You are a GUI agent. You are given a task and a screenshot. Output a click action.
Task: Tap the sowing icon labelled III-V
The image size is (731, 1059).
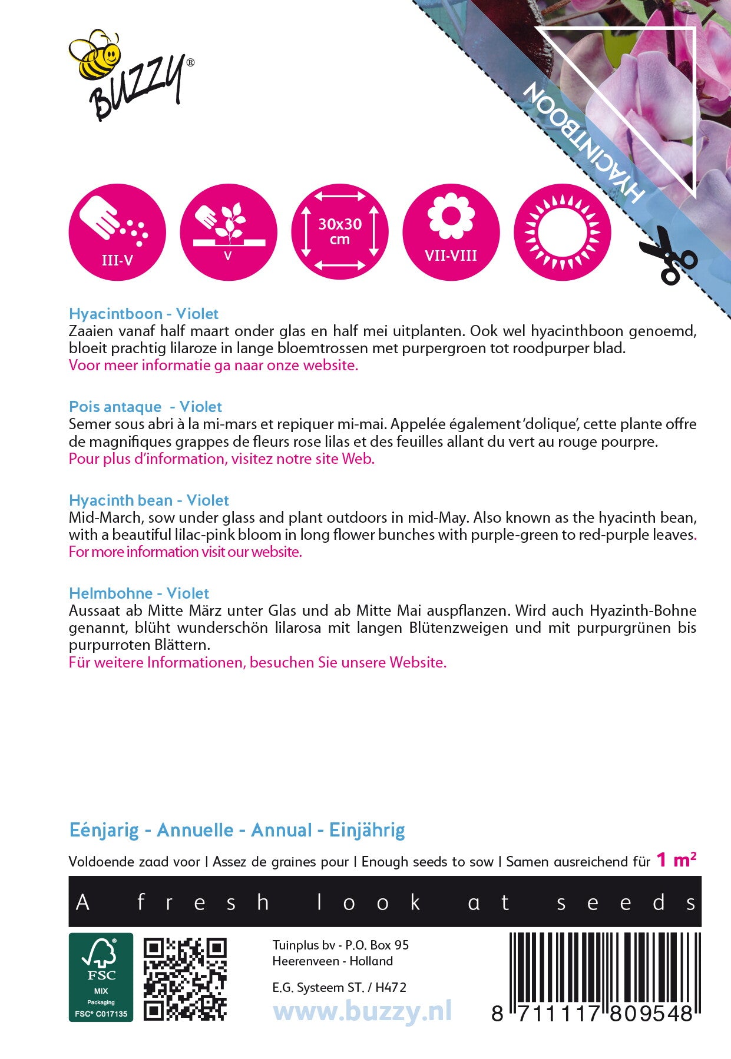click(117, 232)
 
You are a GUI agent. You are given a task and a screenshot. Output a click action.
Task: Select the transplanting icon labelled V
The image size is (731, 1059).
click(228, 232)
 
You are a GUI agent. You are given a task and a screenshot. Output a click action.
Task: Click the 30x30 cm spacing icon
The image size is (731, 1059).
click(340, 232)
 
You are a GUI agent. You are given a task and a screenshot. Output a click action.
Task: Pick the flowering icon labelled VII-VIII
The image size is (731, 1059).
click(451, 232)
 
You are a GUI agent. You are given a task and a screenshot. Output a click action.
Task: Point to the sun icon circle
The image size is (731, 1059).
click(563, 232)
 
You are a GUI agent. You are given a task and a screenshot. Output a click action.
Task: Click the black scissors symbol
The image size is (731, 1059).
click(668, 255)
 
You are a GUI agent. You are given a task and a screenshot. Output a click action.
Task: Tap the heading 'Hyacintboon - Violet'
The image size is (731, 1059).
click(144, 314)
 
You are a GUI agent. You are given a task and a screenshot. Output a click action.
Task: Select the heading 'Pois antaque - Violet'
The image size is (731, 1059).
click(145, 407)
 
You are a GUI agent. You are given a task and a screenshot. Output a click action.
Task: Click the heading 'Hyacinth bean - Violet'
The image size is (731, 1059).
click(148, 500)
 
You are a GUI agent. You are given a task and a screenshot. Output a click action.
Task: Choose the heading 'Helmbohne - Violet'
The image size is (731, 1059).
click(139, 593)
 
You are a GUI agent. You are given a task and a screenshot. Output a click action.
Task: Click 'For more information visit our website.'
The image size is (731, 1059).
click(185, 552)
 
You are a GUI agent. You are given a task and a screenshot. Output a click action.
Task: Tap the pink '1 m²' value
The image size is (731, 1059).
click(676, 860)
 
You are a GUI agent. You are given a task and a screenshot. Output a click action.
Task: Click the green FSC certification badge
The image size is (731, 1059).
click(101, 977)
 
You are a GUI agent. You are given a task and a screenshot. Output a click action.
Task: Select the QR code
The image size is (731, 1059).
click(185, 978)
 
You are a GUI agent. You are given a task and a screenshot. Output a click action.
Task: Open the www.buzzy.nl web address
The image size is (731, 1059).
click(362, 1012)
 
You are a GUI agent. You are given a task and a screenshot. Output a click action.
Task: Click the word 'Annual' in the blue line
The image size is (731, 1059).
click(281, 831)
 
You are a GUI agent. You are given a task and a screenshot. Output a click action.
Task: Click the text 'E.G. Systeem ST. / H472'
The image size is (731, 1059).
click(339, 987)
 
